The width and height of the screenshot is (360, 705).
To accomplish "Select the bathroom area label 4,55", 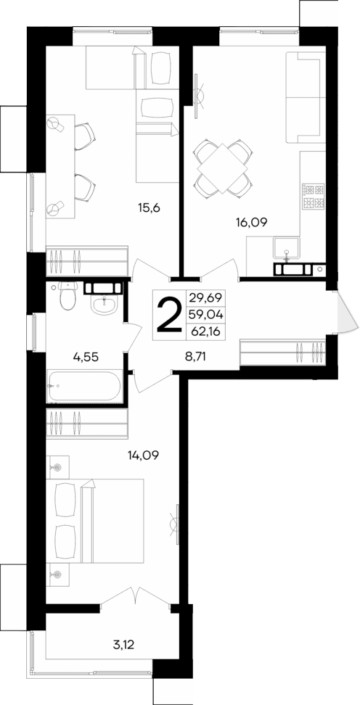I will point(86,356).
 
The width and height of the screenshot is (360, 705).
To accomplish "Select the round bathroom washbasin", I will point(104,305).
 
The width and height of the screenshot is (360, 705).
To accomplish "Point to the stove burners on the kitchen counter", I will point(313,194).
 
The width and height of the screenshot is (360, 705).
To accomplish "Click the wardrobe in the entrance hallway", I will point(284,352).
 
